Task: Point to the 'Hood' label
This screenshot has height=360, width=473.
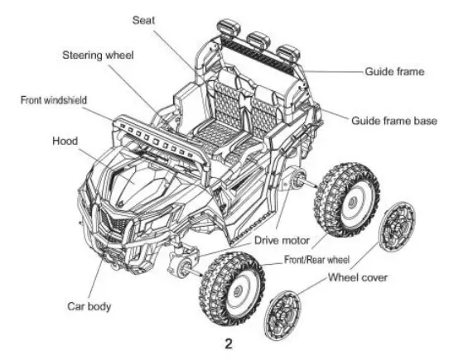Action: [65, 141]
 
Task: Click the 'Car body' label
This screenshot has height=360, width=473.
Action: [89, 307]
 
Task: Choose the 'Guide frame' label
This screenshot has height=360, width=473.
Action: [394, 72]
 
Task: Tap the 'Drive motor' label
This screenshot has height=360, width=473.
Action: [282, 241]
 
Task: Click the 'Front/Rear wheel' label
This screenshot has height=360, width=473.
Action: [315, 260]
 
